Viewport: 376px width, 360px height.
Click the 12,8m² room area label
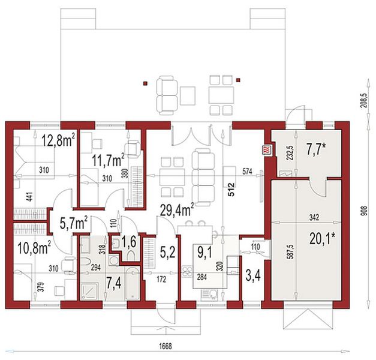coord(58,140)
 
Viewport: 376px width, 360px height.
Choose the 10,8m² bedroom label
coord(34,248)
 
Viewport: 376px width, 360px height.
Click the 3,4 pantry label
coord(252,275)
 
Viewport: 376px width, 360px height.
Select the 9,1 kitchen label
coord(205,253)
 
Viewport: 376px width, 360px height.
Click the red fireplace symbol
coord(267,151)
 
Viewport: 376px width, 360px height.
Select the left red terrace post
coord(145,83)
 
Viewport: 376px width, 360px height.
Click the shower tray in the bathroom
coord(89,291)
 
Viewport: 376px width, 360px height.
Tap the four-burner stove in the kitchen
coord(187,272)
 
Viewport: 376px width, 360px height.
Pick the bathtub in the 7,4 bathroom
coord(132,284)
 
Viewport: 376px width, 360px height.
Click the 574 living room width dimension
coord(248,172)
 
